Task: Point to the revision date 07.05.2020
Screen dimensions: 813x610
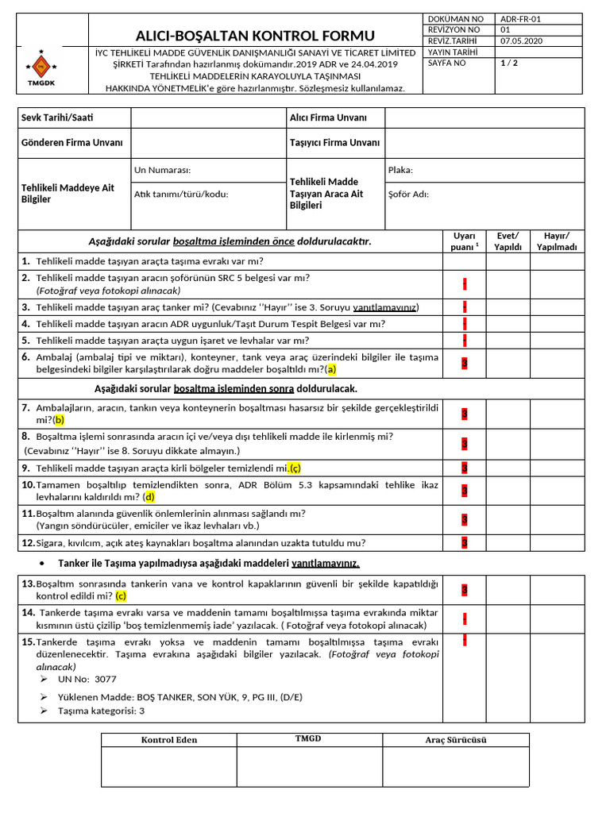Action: coord(522,41)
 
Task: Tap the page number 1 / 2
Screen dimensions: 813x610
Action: coord(509,63)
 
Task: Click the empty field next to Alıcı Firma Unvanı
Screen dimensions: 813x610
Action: coord(485,118)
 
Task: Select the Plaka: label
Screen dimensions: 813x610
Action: coord(400,170)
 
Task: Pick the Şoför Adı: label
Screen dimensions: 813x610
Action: coord(408,194)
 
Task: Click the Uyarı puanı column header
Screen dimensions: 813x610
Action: coord(464,241)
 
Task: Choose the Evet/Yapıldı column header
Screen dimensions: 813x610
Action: coord(508,241)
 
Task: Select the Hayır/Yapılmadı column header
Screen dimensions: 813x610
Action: coord(557,241)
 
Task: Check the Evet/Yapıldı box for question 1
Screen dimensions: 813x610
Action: coord(508,261)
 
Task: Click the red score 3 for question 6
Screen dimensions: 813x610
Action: coord(464,363)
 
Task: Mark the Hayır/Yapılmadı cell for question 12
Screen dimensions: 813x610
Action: coord(557,543)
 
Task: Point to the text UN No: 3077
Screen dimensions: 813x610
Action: coord(87,680)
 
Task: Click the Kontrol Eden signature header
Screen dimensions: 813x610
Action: coord(168,740)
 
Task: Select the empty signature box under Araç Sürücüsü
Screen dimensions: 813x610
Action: coord(456,766)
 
